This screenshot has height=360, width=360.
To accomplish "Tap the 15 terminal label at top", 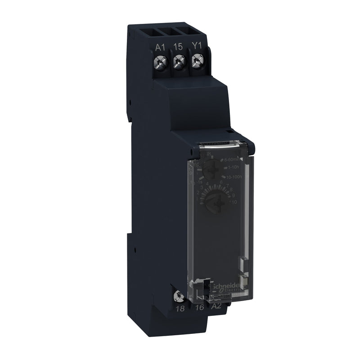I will pyautogui.click(x=178, y=47).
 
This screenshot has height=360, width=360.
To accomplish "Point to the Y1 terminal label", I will pyautogui.click(x=197, y=47).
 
